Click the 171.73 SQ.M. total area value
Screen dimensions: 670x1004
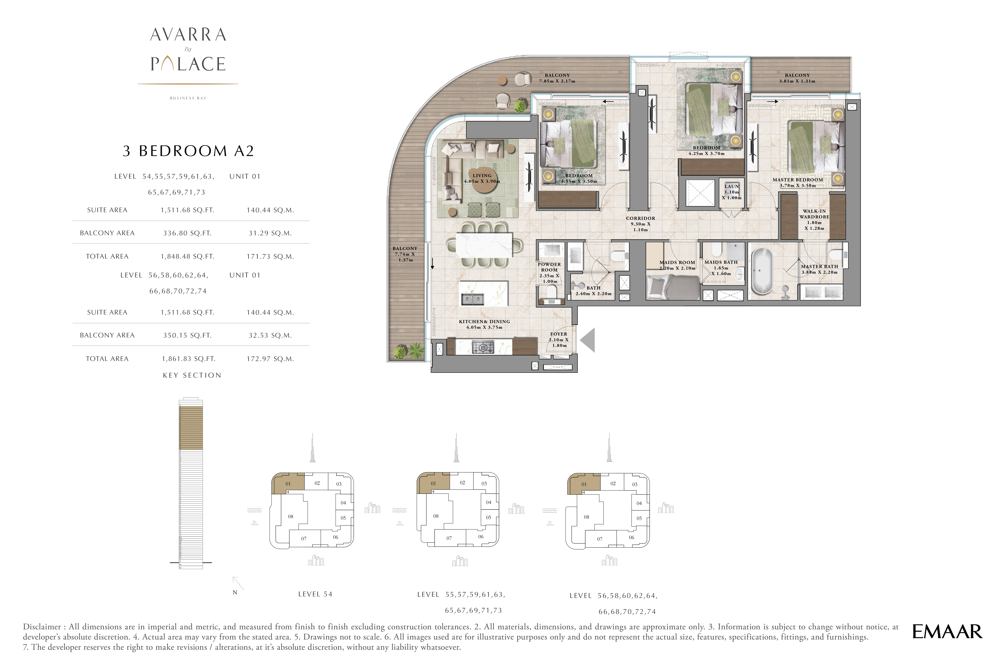click(x=270, y=256)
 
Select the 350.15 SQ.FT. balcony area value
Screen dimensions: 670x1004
click(x=187, y=335)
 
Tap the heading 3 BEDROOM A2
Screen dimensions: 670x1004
click(x=188, y=151)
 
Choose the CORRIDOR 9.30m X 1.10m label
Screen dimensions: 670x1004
click(x=640, y=224)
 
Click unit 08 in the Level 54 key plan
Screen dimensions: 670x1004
click(x=291, y=517)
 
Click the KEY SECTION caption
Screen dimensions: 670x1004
click(x=192, y=375)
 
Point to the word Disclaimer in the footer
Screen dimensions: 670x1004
click(x=42, y=627)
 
